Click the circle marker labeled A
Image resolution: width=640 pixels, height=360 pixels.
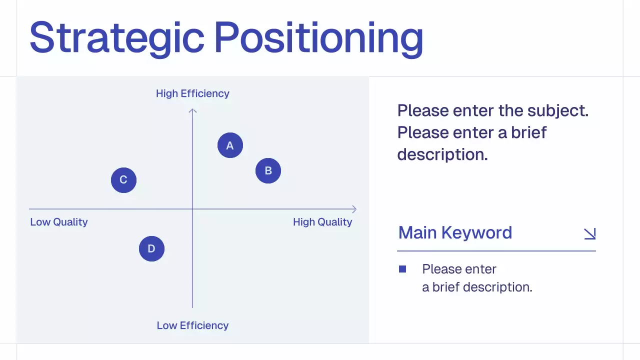click(x=230, y=145)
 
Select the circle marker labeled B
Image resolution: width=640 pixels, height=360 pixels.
click(x=268, y=170)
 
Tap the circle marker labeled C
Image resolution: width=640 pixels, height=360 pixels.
click(x=123, y=180)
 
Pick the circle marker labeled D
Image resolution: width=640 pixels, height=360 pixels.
click(x=151, y=248)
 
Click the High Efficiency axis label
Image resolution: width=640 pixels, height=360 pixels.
click(x=192, y=93)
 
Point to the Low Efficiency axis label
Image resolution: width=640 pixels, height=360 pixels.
click(x=192, y=325)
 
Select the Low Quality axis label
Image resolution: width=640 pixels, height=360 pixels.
click(x=59, y=222)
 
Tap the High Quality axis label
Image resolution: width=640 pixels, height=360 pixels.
click(x=322, y=222)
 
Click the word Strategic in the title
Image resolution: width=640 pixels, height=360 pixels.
click(x=117, y=38)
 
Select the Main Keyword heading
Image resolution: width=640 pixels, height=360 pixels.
click(x=455, y=233)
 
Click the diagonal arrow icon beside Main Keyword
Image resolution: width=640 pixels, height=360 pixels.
click(x=590, y=233)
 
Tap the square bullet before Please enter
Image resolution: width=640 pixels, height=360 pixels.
click(x=402, y=269)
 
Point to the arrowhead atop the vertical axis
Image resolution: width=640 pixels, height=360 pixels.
click(x=192, y=109)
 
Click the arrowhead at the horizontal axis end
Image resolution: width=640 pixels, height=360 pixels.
click(x=354, y=209)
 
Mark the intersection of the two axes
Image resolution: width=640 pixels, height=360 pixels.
click(x=192, y=209)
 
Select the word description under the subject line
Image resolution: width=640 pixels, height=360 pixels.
click(x=441, y=154)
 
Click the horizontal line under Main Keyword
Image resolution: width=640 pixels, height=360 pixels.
click(x=496, y=251)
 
